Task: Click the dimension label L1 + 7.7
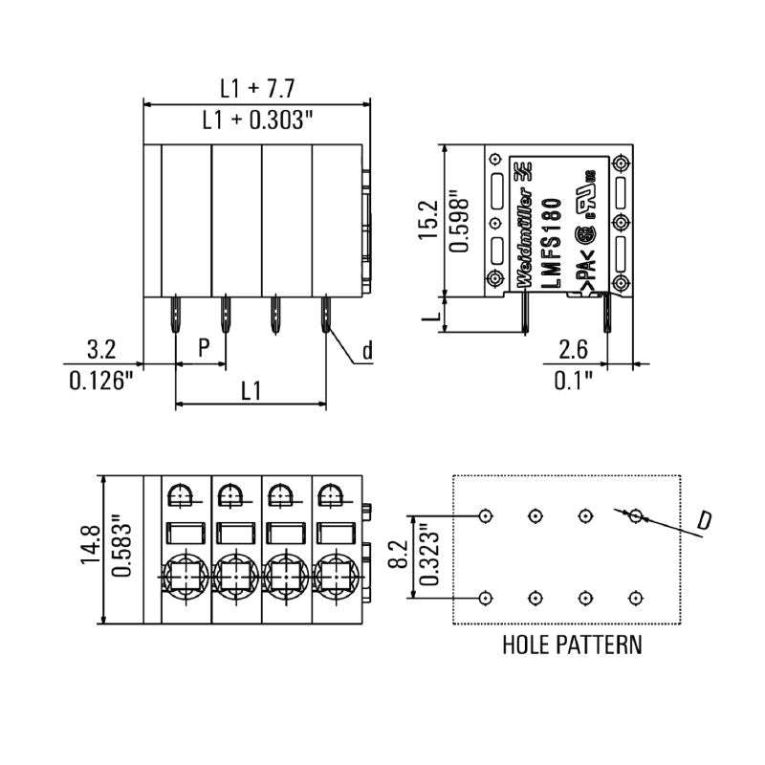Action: (x=256, y=89)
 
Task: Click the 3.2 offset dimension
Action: (x=101, y=349)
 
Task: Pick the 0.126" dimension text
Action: (x=101, y=381)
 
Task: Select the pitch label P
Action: (x=203, y=347)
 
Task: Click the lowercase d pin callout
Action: (x=366, y=351)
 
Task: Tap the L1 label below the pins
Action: (x=251, y=390)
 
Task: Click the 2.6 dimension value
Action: (x=574, y=349)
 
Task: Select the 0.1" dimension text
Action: (x=574, y=381)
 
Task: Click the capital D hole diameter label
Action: (x=703, y=521)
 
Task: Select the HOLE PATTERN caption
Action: (x=572, y=645)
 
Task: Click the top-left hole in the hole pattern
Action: (x=486, y=515)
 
